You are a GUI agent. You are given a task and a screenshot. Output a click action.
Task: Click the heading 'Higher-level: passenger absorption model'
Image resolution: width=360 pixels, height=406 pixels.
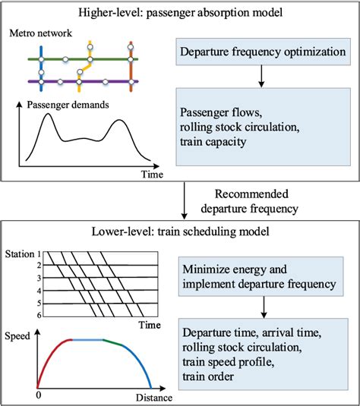180,12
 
